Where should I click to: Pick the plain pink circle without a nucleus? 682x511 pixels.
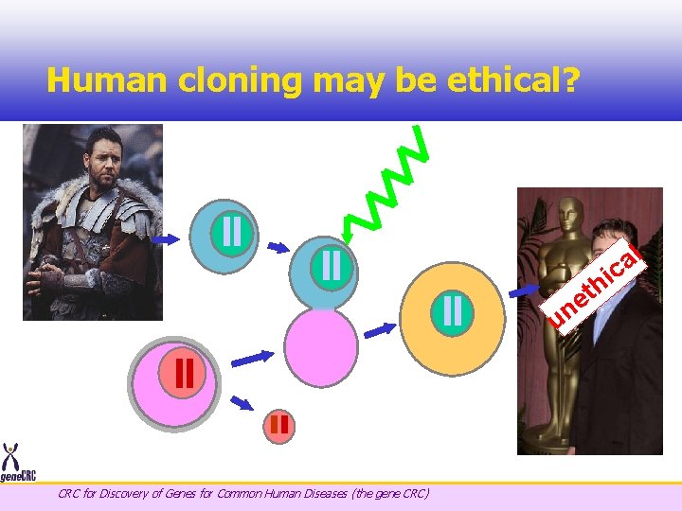coord(322,347)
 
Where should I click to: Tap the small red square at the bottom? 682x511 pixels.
coord(279,424)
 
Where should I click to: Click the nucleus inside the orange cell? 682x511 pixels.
coord(453,311)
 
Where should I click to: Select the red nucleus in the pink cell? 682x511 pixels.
coord(185,372)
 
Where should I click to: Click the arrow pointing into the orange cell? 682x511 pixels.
coord(381,329)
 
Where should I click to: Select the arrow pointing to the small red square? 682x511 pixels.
coord(242,403)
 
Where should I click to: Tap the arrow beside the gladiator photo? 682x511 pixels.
coord(165,240)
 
